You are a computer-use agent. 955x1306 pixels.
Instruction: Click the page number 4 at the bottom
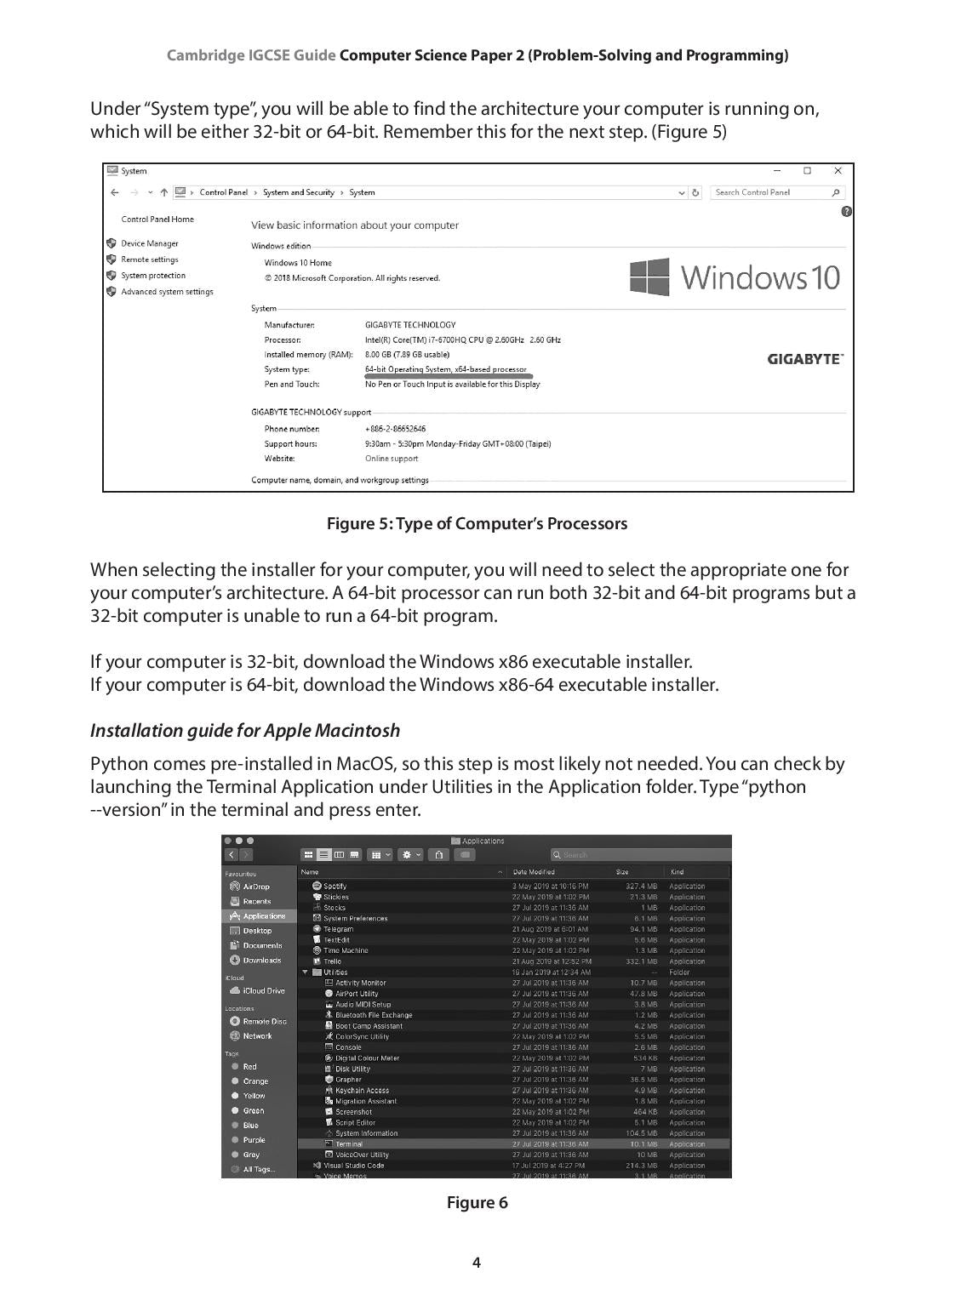pyautogui.click(x=477, y=1263)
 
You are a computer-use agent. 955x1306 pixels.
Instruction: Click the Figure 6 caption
pyautogui.click(x=477, y=1202)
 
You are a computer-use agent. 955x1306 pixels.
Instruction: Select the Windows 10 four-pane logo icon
pyautogui.click(x=649, y=277)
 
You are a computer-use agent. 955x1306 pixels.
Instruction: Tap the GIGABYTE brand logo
pyautogui.click(x=804, y=359)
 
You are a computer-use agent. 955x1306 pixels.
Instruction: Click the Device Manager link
pyautogui.click(x=150, y=243)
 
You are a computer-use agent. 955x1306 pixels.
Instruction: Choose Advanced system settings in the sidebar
pyautogui.click(x=167, y=292)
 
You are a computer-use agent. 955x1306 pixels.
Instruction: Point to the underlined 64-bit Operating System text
pyautogui.click(x=445, y=369)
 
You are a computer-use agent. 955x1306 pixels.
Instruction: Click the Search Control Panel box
pyautogui.click(x=772, y=192)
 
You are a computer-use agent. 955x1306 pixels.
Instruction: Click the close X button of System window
pyautogui.click(x=838, y=171)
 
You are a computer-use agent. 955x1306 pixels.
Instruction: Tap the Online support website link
pyautogui.click(x=392, y=459)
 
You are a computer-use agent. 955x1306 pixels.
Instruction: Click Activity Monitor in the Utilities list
pyautogui.click(x=360, y=983)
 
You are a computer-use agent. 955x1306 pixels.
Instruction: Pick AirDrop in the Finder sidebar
pyautogui.click(x=255, y=887)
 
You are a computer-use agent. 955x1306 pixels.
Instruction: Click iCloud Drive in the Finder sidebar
pyautogui.click(x=263, y=991)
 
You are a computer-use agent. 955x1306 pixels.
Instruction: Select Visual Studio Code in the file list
pyautogui.click(x=353, y=1166)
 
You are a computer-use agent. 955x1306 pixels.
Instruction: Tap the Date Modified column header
pyautogui.click(x=534, y=872)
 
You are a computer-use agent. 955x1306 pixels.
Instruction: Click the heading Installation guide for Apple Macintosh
pyautogui.click(x=245, y=731)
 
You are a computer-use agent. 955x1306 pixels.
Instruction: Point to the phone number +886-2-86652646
pyautogui.click(x=395, y=429)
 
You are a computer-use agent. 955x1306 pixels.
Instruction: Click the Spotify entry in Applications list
pyautogui.click(x=335, y=887)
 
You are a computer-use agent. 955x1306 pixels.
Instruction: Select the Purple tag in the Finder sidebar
pyautogui.click(x=254, y=1140)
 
